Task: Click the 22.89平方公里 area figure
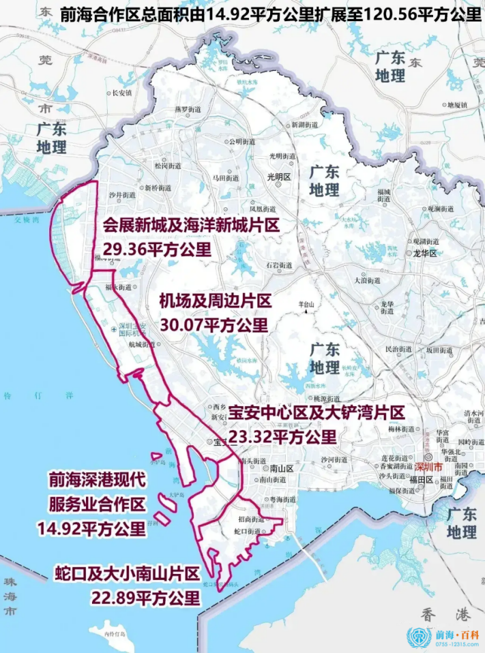point(145,598)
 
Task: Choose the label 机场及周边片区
point(216,301)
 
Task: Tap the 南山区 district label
point(281,469)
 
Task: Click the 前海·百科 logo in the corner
point(443,637)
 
